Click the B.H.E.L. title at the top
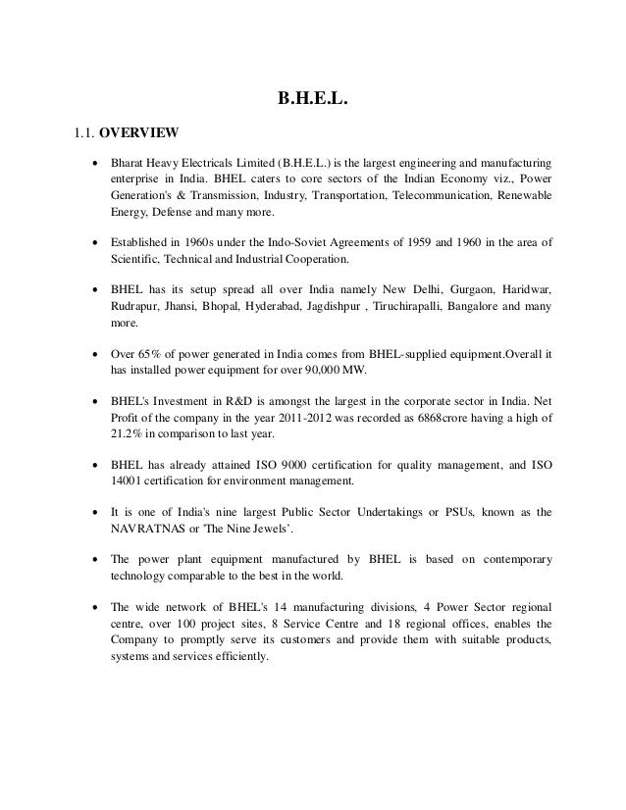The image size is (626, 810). (x=312, y=98)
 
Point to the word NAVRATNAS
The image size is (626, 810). (x=147, y=530)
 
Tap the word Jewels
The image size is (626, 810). (x=291, y=530)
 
